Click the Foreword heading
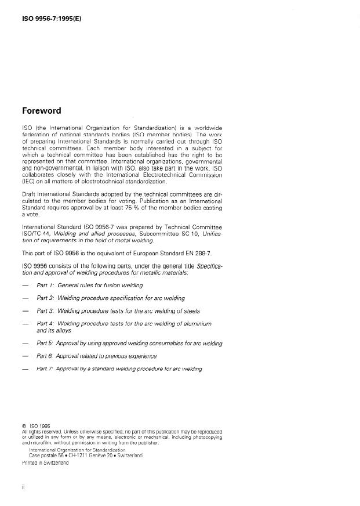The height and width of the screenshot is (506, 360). [x=41, y=111]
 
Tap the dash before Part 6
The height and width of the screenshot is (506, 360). [x=24, y=356]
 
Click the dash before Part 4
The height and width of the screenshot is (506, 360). [x=24, y=323]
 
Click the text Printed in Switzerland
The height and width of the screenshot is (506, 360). [x=45, y=463]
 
